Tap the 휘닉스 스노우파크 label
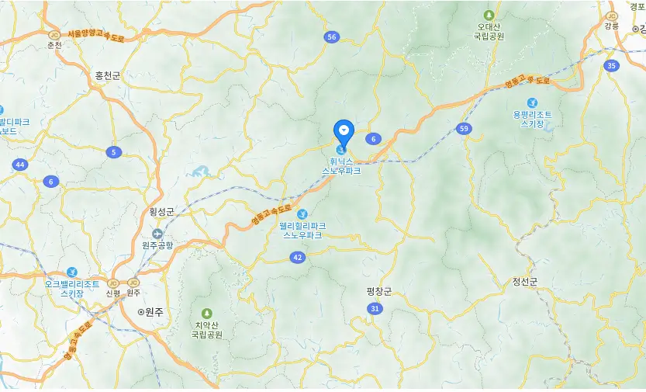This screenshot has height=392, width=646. coord(341,166)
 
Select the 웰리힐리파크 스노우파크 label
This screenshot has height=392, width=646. coord(302,230)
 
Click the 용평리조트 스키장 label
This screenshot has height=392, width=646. coord(532,119)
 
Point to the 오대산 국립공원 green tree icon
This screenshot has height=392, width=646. coord(489,16)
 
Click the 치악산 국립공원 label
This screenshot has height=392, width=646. coord(206,330)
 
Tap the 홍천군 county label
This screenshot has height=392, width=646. coord(108,75)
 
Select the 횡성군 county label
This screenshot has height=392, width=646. coord(162,211)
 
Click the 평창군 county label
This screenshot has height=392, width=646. coord(379,291)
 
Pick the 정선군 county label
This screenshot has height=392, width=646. coord(525,281)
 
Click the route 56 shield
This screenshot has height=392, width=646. coord(333,37)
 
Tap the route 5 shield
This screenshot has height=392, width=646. coord(114,152)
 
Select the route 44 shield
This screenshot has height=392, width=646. coord(19,165)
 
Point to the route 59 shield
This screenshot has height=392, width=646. coord(464,129)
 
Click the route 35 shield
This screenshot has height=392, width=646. coord(612,66)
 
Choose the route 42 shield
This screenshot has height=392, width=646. coord(298,257)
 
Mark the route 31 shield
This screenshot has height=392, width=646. coord(375,309)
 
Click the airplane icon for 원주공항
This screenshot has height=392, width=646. coord(158,233)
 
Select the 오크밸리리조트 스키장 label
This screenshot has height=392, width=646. coord(71,288)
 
